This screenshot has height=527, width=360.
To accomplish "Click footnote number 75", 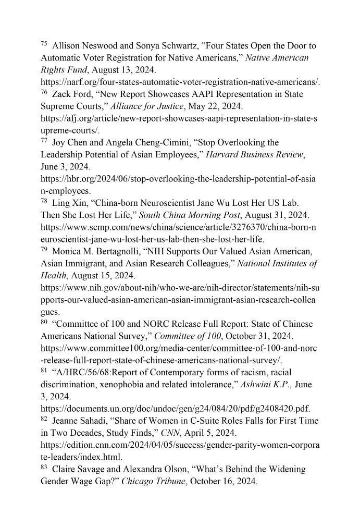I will click(44, 44).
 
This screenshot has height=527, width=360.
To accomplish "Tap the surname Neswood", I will click(101, 46).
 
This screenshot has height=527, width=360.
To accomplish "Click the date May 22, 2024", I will click(214, 106).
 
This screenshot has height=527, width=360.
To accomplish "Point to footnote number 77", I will click(44, 141).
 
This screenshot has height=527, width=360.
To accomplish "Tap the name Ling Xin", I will click(67, 203).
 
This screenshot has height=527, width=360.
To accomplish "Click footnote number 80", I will click(44, 322).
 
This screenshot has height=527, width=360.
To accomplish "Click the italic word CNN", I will click(170, 433).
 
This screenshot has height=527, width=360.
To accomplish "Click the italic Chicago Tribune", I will click(154, 482).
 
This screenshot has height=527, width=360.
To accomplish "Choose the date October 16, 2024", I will click(224, 482).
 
